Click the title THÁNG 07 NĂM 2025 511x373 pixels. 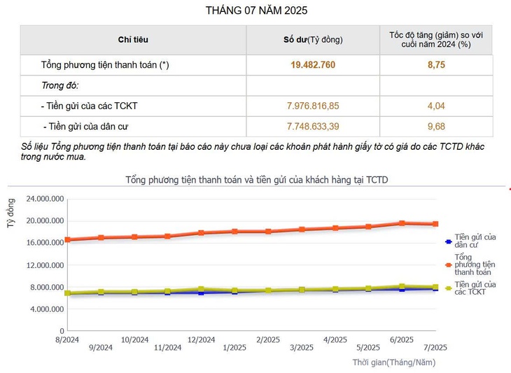click(x=256, y=10)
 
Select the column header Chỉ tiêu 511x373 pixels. click(x=133, y=40)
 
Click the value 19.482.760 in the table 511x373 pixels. click(x=313, y=65)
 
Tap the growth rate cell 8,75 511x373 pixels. click(x=436, y=65)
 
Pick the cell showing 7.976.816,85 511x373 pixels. click(x=313, y=106)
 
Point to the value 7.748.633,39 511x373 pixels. click(x=313, y=127)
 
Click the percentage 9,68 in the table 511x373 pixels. click(x=436, y=127)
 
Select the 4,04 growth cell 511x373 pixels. click(x=436, y=106)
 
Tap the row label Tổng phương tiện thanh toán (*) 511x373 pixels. click(x=105, y=65)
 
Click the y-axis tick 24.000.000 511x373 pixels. click(x=45, y=199)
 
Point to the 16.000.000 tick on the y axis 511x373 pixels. click(x=45, y=243)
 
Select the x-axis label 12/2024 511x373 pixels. click(x=202, y=339)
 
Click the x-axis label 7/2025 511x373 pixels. click(x=435, y=348)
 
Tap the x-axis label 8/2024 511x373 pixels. click(x=68, y=339)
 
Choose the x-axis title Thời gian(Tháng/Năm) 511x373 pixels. click(x=398, y=362)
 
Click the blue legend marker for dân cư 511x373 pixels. click(x=448, y=242)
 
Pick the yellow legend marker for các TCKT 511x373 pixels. click(x=448, y=288)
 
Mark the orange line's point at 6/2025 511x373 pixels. click(x=402, y=223)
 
